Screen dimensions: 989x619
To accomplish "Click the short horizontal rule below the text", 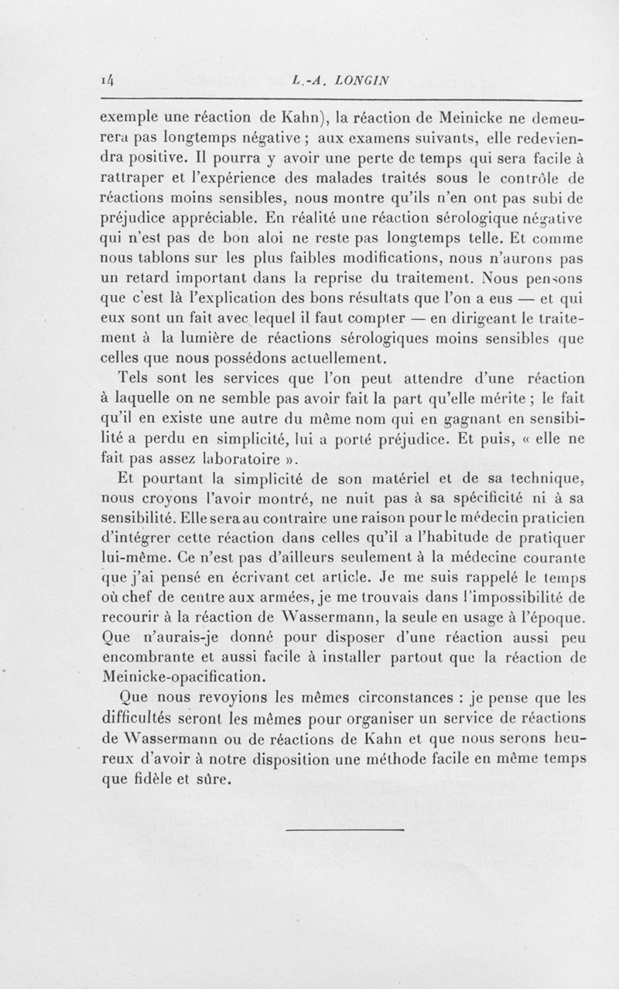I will click(345, 831).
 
